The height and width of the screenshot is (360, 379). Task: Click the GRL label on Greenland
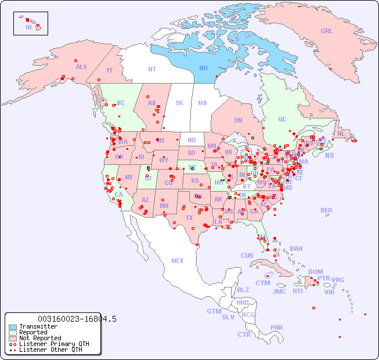[327, 31]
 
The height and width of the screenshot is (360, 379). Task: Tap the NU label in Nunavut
[204, 68]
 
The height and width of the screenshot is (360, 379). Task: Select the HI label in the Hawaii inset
[28, 27]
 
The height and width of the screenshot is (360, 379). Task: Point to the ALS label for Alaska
[81, 67]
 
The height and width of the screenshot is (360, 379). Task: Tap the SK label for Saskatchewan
[179, 103]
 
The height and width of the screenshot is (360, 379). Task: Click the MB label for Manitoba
[203, 103]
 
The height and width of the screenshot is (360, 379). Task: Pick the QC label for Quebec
[282, 119]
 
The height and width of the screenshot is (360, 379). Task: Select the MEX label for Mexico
[178, 261]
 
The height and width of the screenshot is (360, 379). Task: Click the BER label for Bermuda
[327, 210]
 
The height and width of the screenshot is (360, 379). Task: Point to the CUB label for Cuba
[247, 255]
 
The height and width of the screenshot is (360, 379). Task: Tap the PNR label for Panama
[277, 327]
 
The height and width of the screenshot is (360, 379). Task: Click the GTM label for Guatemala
[214, 311]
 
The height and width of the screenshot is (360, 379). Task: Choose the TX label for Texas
[189, 218]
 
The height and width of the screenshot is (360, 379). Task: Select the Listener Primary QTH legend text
[54, 344]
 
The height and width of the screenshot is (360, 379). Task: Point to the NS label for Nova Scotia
[330, 156]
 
